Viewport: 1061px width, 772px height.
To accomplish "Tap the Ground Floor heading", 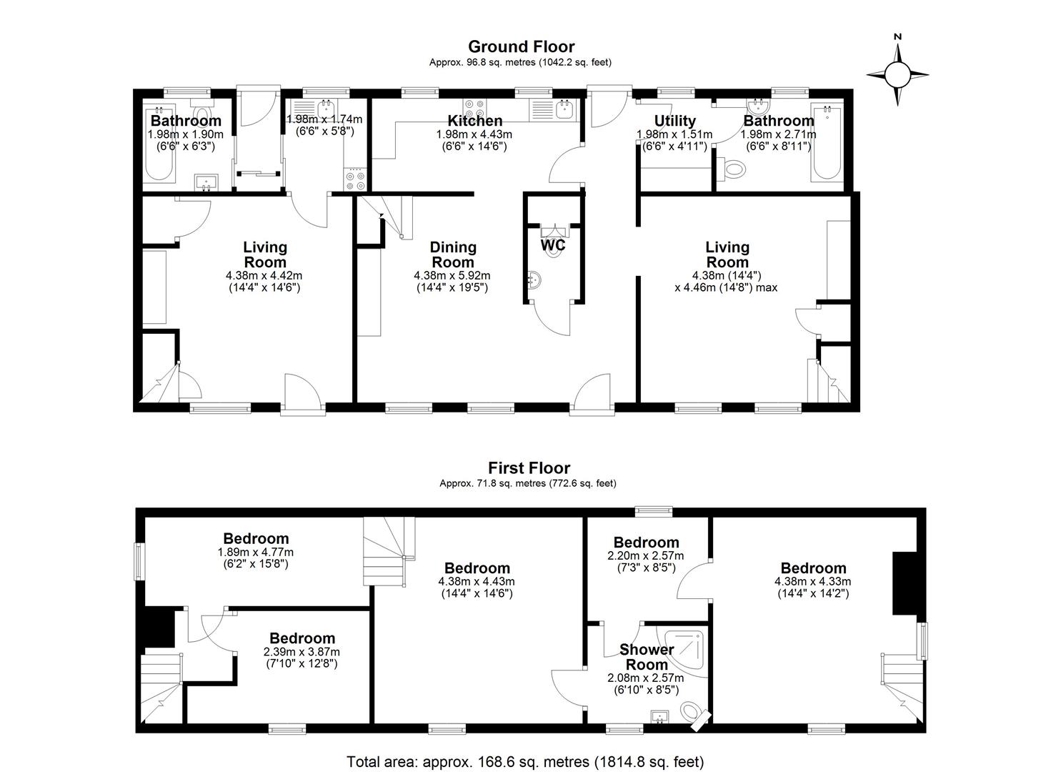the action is [x=521, y=46].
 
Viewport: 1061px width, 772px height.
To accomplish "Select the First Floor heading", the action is [x=529, y=467].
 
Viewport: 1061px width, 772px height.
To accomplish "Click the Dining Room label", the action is [x=453, y=254].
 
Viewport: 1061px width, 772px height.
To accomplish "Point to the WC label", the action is [x=553, y=245].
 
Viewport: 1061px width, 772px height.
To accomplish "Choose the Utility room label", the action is [x=674, y=121].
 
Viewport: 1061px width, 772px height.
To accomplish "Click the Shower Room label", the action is [x=647, y=657].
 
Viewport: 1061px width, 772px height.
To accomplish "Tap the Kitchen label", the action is [x=474, y=120].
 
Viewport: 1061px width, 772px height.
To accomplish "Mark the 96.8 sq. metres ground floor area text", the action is [x=520, y=62].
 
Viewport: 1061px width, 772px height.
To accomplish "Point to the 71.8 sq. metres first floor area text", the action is [x=528, y=483].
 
